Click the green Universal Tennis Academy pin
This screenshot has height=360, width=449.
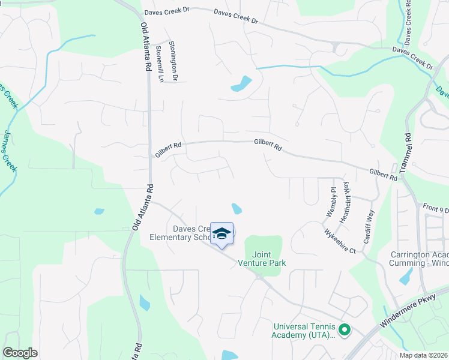pos(345,329)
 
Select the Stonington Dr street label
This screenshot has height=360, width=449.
pos(173,61)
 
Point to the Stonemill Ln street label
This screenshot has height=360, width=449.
pos(160,64)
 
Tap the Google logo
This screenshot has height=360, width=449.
pos(20,353)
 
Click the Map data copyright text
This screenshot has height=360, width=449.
pos(423,355)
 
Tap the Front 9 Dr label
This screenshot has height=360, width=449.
pos(436,209)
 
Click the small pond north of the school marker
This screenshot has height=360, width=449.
pos(237,209)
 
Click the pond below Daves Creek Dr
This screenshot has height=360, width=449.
pos(242,84)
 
